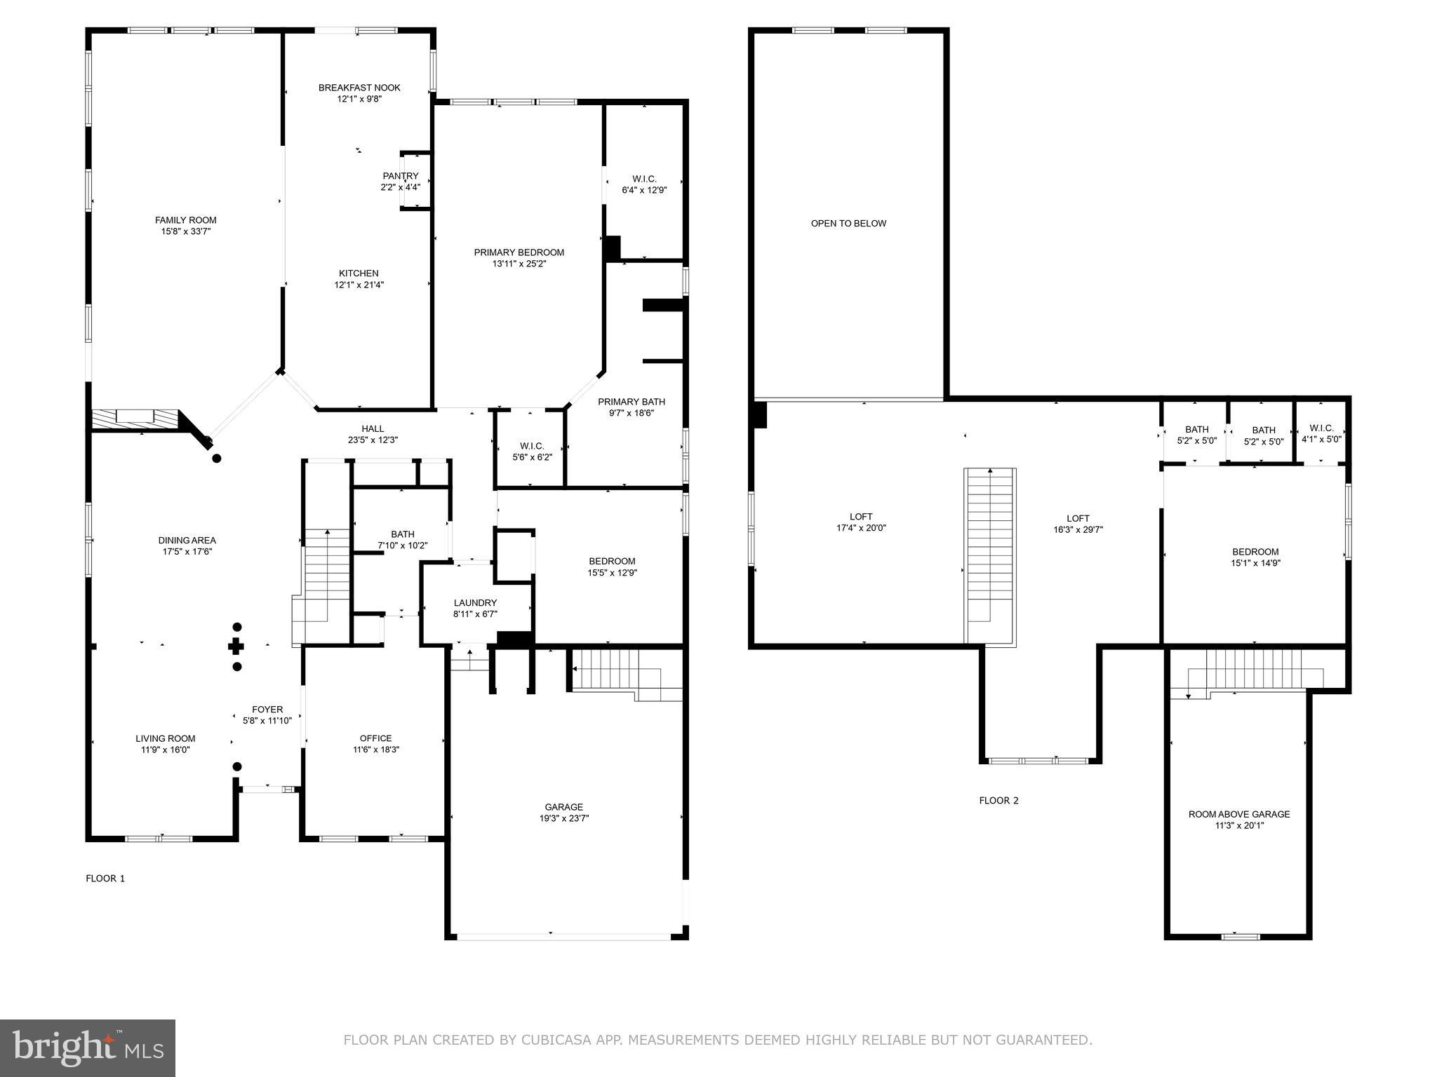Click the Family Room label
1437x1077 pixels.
click(185, 220)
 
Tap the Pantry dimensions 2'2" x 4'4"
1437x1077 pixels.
click(400, 187)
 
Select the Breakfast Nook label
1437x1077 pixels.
click(359, 88)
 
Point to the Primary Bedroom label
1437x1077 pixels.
click(519, 252)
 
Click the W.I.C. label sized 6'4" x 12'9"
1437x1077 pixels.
click(643, 179)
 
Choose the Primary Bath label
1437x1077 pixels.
click(631, 402)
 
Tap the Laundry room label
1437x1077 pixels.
click(475, 603)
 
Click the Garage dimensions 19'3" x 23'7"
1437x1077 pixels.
click(563, 818)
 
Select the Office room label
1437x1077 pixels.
click(375, 738)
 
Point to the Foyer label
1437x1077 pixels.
click(267, 710)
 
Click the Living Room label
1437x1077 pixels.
click(166, 738)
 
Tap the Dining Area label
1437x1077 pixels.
click(187, 540)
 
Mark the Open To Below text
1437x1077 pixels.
click(848, 224)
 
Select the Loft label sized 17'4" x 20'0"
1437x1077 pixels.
click(861, 517)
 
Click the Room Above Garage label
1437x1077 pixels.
click(1238, 814)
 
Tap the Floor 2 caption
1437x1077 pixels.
click(998, 800)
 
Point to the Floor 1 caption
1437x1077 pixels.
click(105, 878)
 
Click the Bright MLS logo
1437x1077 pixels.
click(88, 1048)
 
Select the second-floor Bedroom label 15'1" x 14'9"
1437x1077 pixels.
click(1255, 552)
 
